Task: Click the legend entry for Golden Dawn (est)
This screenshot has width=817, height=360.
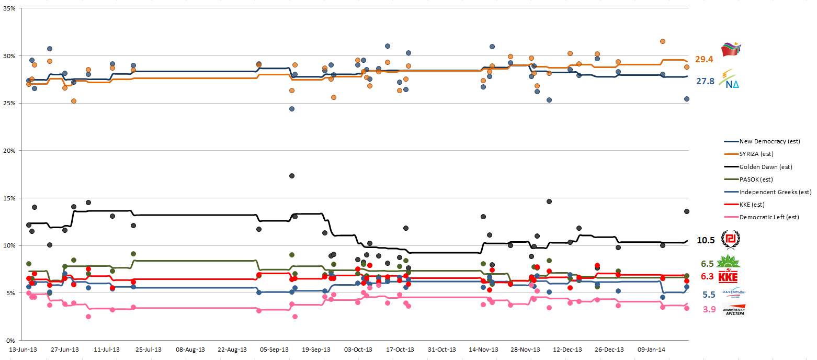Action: (x=765, y=166)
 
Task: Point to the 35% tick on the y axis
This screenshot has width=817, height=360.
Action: (x=9, y=9)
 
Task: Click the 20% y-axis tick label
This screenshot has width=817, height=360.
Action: (x=9, y=151)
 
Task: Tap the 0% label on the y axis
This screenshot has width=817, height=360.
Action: (x=10, y=340)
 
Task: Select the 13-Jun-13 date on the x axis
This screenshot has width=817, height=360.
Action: (x=23, y=350)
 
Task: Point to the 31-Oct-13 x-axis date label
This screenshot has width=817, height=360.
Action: (x=442, y=350)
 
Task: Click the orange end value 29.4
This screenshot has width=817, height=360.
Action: (x=704, y=60)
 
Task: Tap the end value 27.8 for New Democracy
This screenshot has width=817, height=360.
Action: (x=704, y=81)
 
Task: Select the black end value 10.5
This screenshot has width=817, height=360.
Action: (x=706, y=240)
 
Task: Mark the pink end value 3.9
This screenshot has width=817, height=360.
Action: (x=709, y=309)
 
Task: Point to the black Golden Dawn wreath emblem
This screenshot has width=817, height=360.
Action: (x=731, y=240)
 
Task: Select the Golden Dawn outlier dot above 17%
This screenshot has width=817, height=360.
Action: (x=292, y=176)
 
